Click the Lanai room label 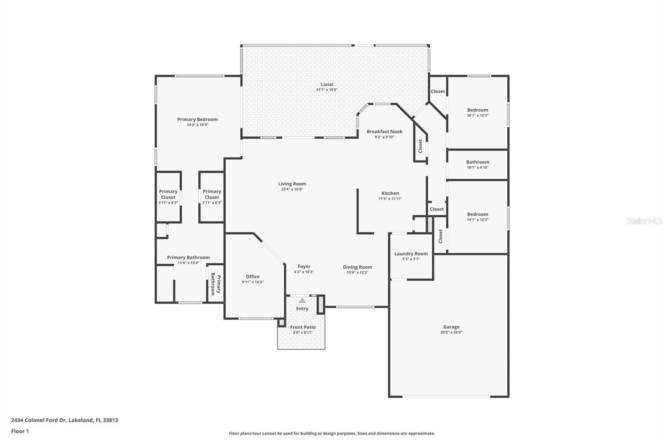[327, 84]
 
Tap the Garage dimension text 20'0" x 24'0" [451, 332]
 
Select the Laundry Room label [411, 254]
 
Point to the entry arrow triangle [302, 300]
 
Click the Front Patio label [303, 327]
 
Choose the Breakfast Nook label [384, 131]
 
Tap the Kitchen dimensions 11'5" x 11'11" [390, 199]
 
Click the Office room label [253, 277]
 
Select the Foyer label [304, 267]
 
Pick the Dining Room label [357, 267]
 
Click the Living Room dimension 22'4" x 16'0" [292, 189]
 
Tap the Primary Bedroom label [198, 119]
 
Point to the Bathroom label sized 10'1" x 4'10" [478, 162]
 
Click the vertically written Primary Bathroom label [215, 284]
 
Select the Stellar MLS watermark [644, 221]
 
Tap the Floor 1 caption [20, 431]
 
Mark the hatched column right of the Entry [320, 305]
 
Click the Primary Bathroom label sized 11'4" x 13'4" [188, 257]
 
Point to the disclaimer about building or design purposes [332, 433]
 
